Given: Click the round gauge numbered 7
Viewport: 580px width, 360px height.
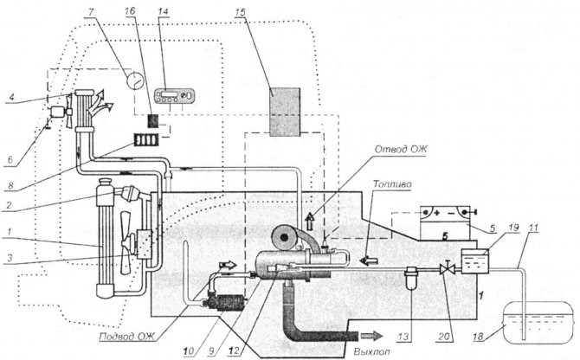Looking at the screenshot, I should [132, 80].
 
